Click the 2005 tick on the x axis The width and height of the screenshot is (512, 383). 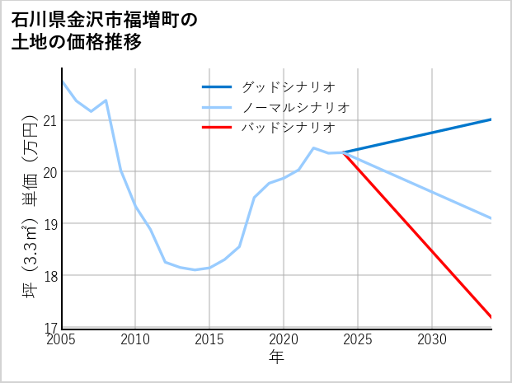pyautogui.click(x=62, y=339)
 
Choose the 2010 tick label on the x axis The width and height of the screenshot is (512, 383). pyautogui.click(x=135, y=339)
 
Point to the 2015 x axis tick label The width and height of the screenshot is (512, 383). pyautogui.click(x=209, y=339)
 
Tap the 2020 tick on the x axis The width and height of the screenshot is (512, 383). pyautogui.click(x=284, y=339)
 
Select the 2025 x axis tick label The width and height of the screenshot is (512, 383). pyautogui.click(x=358, y=339)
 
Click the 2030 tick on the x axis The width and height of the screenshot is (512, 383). pyautogui.click(x=432, y=339)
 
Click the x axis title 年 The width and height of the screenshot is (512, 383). pyautogui.click(x=277, y=357)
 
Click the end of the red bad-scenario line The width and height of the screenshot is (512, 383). pyautogui.click(x=491, y=317)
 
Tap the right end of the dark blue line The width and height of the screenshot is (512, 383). pyautogui.click(x=491, y=119)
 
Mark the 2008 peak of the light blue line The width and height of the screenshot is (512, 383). pyautogui.click(x=106, y=100)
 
